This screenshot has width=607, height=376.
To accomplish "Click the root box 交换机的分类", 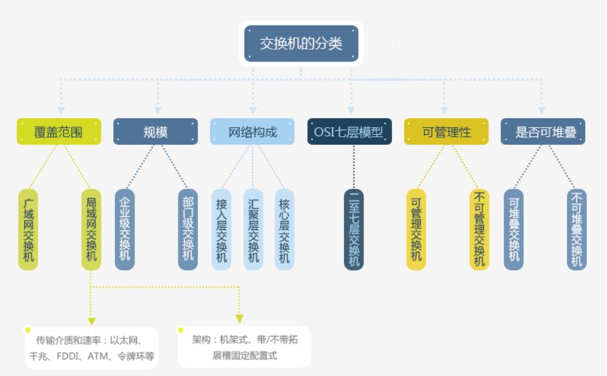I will pos(301,44).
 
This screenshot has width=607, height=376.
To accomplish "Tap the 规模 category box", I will pos(155,131).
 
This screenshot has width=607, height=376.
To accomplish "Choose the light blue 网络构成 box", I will pos(253,131).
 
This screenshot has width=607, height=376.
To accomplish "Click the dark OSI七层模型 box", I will pos(349,131).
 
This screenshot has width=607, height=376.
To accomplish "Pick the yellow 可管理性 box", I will pos(446,131).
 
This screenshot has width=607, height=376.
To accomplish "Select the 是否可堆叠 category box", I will pos(542,131).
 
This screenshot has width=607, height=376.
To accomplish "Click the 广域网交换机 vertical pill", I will pos(27,229).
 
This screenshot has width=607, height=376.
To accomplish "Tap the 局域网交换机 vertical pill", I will pos(91,229).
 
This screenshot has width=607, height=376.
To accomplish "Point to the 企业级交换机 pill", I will pos(124,229).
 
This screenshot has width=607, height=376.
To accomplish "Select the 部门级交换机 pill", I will pos(188,229).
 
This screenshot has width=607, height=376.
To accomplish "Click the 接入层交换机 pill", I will pos(221,229).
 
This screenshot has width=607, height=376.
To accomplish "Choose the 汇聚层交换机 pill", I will pos(253,229).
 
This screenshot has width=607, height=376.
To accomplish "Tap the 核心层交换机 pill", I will pos(284,229).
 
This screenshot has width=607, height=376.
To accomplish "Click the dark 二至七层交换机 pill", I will pos(354,229).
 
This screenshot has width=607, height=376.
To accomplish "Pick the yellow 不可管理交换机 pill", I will pos(479,229).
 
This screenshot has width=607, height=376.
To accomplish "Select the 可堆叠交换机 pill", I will pos(513,229).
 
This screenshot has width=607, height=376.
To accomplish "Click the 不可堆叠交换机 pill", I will pos(577,229).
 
